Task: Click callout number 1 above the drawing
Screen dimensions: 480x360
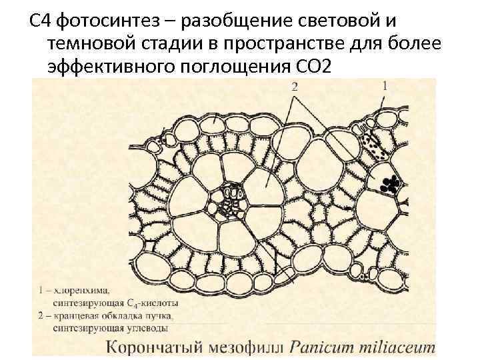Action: click(x=385, y=85)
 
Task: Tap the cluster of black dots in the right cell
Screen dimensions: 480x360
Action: click(x=391, y=184)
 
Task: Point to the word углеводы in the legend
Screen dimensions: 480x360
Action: click(x=147, y=327)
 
